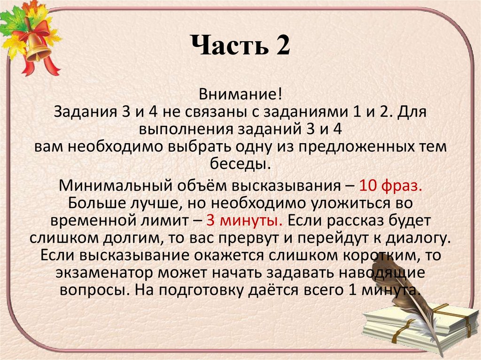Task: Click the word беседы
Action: click(x=240, y=164)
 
